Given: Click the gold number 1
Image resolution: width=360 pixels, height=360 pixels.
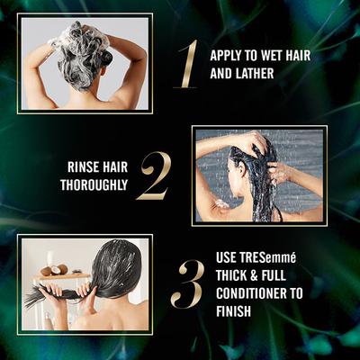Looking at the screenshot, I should pyautogui.click(x=186, y=63).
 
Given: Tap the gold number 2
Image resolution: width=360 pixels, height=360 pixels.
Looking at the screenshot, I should pyautogui.click(x=154, y=175).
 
